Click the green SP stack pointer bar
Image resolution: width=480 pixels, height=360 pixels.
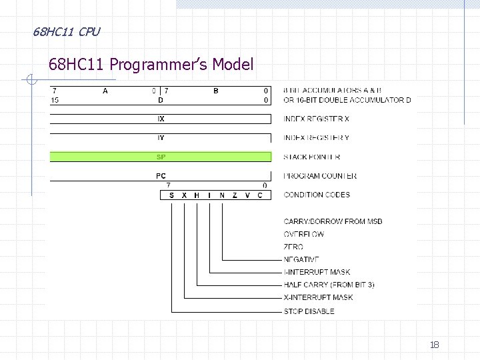point(161,157)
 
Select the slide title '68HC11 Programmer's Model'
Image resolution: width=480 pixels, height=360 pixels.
point(151,65)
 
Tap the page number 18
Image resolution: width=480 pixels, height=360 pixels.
point(434,345)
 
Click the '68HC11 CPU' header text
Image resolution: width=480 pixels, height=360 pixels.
point(67,31)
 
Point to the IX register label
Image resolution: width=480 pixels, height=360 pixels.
point(161,119)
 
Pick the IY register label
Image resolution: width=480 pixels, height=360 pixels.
point(161,138)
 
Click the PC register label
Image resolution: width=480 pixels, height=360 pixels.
point(161,176)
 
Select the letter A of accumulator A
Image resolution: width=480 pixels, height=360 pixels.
point(105,91)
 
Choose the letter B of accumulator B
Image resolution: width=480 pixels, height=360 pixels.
point(215,91)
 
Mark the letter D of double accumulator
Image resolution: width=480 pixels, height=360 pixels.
point(160,100)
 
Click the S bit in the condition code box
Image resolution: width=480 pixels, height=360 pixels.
point(171,195)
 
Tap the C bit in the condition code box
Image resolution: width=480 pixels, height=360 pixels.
point(260,195)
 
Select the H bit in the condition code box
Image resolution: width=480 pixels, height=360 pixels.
point(197,195)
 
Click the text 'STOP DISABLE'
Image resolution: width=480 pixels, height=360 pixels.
point(309,311)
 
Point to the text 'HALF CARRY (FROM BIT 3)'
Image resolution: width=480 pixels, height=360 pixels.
point(329,285)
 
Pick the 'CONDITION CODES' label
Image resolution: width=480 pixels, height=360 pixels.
point(316,195)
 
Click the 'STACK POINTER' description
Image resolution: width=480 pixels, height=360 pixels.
point(311,157)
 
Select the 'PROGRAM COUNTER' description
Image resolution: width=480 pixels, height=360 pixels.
point(319,176)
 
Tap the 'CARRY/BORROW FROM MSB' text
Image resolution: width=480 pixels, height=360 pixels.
point(333,221)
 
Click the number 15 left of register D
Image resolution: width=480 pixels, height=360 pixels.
point(55,100)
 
